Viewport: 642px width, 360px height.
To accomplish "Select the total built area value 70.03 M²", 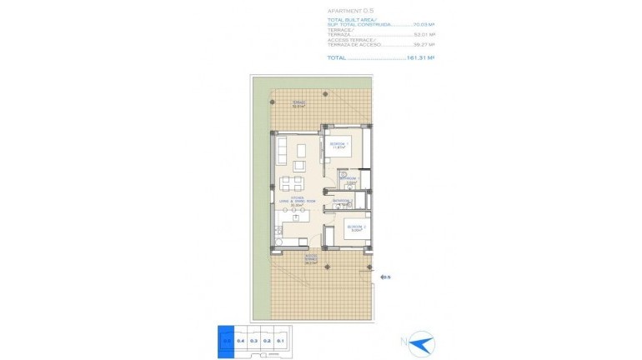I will (x=424, y=26).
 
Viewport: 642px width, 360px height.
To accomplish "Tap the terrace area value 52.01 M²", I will (x=424, y=35).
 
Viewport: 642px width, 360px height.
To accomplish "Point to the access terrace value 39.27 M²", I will (x=424, y=45).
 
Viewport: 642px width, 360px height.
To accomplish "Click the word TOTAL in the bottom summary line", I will (x=336, y=57).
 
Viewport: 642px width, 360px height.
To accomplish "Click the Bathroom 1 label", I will (x=350, y=179).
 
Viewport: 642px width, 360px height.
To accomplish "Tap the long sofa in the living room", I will (x=281, y=150).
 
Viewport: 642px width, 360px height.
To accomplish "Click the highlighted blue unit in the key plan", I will (x=226, y=339).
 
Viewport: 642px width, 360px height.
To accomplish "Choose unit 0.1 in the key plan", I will (x=281, y=339).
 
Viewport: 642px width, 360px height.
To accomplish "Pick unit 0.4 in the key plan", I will (x=240, y=339).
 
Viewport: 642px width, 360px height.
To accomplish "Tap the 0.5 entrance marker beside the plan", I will (x=385, y=277).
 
